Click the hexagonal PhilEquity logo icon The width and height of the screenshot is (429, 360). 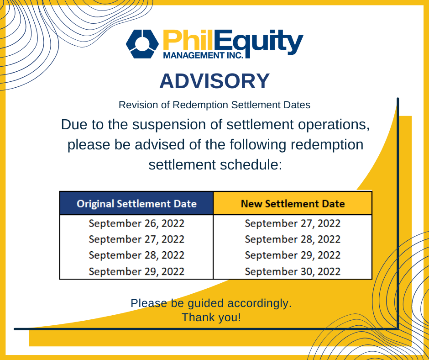click(142, 44)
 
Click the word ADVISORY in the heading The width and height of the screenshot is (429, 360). click(214, 81)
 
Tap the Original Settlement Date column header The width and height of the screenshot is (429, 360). click(136, 203)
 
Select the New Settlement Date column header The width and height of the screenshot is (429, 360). click(293, 203)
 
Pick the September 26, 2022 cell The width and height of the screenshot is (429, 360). click(136, 224)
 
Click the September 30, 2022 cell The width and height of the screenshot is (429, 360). click(293, 271)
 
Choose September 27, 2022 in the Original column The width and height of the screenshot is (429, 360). click(136, 239)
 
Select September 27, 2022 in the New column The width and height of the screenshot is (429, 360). click(293, 224)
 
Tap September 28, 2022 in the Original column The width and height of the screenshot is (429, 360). click(136, 255)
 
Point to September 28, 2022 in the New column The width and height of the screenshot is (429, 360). click(293, 239)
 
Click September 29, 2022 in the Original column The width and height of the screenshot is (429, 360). click(136, 271)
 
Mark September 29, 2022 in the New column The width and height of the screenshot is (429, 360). click(293, 255)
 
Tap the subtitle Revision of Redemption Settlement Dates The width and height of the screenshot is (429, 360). click(214, 105)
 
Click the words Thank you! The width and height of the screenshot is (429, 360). click(211, 317)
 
